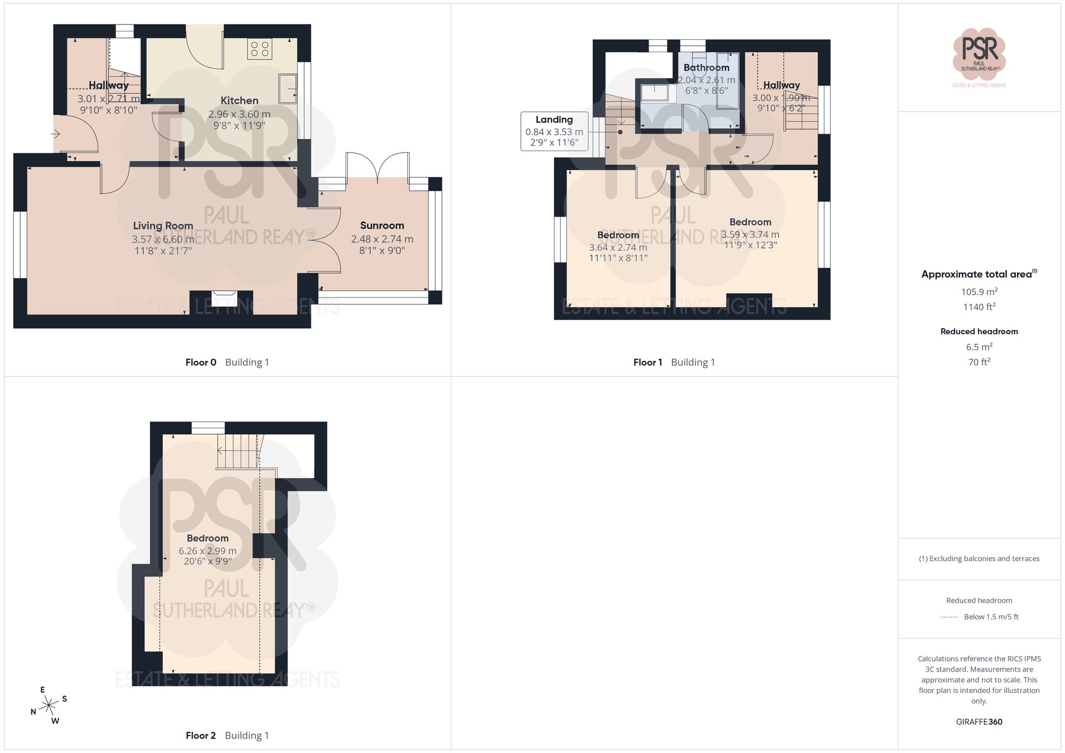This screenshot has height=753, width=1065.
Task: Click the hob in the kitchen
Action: [x=259, y=49]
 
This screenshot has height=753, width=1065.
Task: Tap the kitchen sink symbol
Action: [x=288, y=88]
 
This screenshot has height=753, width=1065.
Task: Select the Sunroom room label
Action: [x=382, y=226]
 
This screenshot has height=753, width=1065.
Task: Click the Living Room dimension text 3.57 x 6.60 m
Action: [x=163, y=239]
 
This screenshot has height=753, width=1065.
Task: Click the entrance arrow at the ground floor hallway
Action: [x=55, y=134]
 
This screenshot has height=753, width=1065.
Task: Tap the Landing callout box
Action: [x=554, y=131]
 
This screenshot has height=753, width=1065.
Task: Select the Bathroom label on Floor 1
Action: [x=706, y=68]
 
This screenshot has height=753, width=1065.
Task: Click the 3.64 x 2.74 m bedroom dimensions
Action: [x=618, y=247]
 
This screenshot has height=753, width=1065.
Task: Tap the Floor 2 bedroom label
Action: [x=207, y=538]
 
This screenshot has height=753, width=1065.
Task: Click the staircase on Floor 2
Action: [x=238, y=451]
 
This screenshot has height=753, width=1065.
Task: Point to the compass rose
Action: [x=49, y=706]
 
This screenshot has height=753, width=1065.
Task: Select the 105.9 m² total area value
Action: [x=979, y=292]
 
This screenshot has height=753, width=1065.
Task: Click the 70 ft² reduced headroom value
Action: [x=979, y=362]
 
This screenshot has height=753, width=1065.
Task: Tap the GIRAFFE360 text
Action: [x=979, y=722]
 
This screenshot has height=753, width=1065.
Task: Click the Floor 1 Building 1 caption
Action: [x=674, y=362]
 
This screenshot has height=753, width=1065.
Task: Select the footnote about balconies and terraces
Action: [x=979, y=559]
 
